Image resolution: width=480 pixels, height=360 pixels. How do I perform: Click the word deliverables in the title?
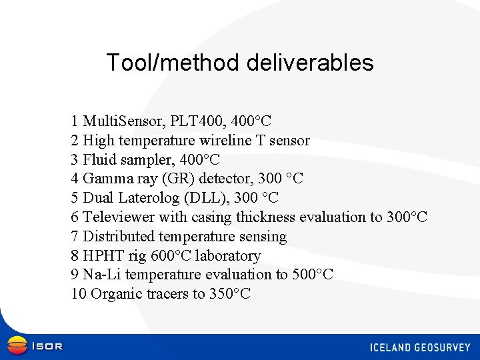[x=310, y=63]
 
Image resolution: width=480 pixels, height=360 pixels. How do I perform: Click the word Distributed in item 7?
[x=117, y=237]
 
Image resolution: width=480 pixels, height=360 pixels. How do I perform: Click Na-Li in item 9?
[x=101, y=275]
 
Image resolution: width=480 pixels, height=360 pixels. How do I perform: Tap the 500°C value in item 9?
[x=313, y=275]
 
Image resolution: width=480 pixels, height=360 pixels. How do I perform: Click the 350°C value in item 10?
[x=230, y=294]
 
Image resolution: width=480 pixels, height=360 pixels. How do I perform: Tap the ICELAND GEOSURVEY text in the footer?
[x=420, y=347]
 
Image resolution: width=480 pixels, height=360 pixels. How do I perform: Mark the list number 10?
[x=79, y=294]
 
